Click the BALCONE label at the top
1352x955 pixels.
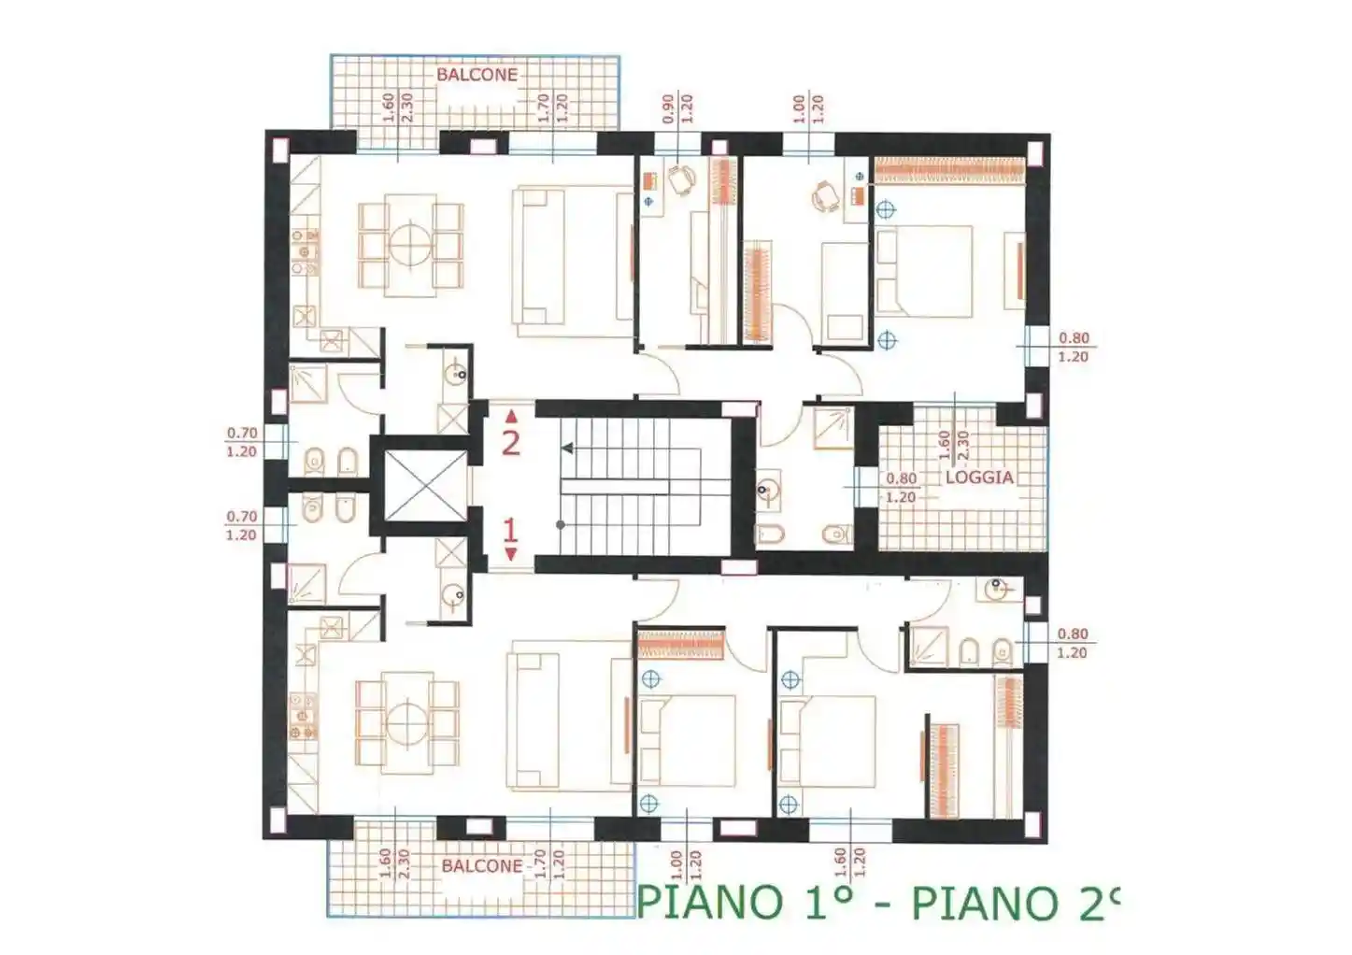click(x=477, y=75)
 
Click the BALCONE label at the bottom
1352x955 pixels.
click(x=482, y=866)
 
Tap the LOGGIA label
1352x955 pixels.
click(x=978, y=477)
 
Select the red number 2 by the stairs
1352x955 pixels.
click(x=510, y=442)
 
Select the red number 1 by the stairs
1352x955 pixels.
click(x=510, y=531)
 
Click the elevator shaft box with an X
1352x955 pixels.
click(x=425, y=485)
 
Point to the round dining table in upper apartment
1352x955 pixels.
click(x=410, y=246)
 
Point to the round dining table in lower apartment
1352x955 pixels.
click(x=408, y=724)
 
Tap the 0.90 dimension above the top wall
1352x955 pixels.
click(x=668, y=109)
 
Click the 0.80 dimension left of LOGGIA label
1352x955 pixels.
click(x=901, y=478)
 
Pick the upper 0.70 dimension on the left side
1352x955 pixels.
click(x=241, y=434)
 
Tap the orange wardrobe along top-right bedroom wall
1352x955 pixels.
click(x=949, y=171)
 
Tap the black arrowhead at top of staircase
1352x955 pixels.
click(x=567, y=449)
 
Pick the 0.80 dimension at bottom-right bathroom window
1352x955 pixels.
click(x=1073, y=634)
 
